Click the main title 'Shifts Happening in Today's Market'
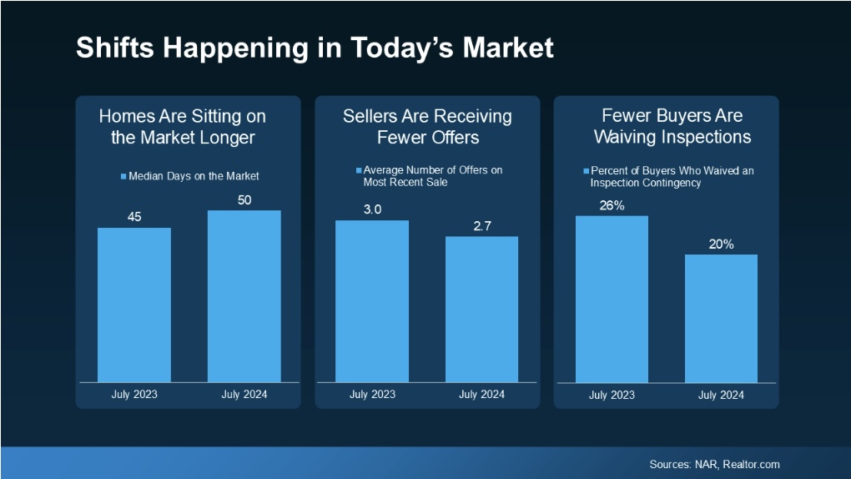coord(315,48)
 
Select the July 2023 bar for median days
coord(134,305)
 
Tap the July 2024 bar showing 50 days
coord(244,296)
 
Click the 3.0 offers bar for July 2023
coord(372,301)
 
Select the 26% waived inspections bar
coord(612,299)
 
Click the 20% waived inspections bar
coord(721,318)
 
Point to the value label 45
coord(134,217)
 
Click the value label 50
coord(244,199)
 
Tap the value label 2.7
coord(481,225)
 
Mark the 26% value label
coord(612,205)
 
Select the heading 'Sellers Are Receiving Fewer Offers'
coord(427,126)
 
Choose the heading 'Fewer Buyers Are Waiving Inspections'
coord(666,126)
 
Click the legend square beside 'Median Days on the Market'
coord(123,176)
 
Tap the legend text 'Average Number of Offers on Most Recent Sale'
coord(432,176)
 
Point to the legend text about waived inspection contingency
coord(671,176)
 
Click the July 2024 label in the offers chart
coord(481,394)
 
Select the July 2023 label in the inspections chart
coord(612,394)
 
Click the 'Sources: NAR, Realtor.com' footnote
coord(714,464)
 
